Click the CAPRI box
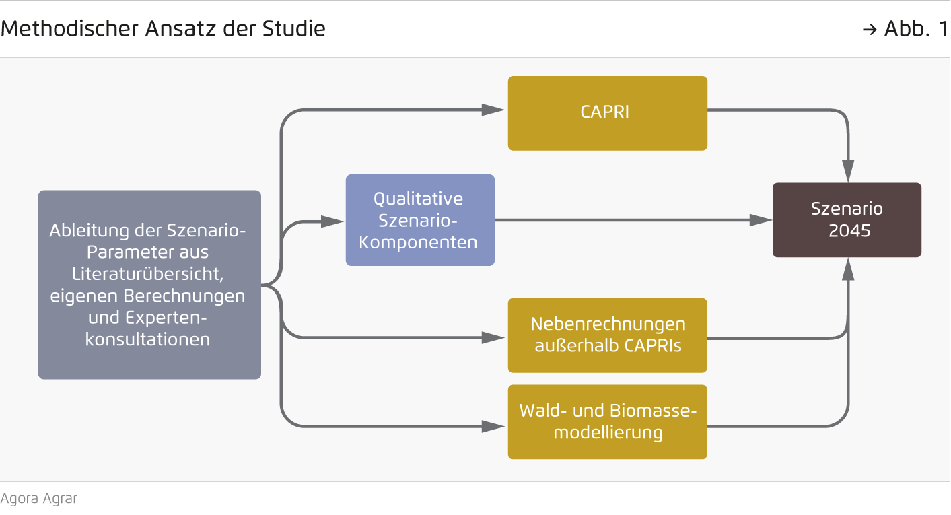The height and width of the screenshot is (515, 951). pos(607,112)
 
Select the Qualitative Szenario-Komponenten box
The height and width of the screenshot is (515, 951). pos(420,220)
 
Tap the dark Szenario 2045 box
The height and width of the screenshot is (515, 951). pos(847,219)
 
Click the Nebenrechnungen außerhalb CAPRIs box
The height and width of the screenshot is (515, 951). pos(607,335)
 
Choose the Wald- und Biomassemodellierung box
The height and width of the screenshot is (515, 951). pos(607,421)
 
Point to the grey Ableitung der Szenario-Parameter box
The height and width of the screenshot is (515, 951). pos(149,284)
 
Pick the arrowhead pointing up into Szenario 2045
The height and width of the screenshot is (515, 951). pos(848,270)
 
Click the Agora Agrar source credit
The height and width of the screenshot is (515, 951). pos(39,499)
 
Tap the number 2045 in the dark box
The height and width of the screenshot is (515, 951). pos(849,230)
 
